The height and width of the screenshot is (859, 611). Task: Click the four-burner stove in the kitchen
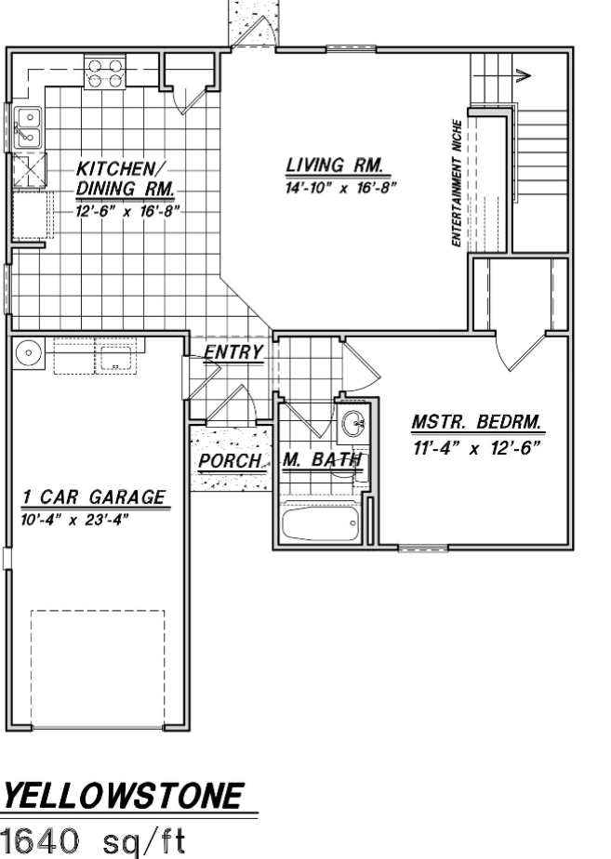coord(105,73)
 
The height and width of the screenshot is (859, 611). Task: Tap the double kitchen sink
coord(27,127)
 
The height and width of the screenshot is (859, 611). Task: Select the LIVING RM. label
coord(334,165)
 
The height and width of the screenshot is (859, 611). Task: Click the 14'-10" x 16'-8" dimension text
coord(339,188)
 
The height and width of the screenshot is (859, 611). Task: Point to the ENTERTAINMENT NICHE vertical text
coord(457,183)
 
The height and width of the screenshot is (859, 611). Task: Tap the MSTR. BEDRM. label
coord(476,422)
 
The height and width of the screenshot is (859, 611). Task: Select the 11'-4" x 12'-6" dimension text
coord(476,448)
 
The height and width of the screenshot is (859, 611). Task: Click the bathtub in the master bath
coord(321,523)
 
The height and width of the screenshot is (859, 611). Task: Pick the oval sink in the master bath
coord(352,423)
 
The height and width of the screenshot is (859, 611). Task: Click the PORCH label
coord(230,461)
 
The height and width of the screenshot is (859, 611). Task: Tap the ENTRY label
coord(233,351)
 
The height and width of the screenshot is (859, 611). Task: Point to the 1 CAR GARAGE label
coord(94,497)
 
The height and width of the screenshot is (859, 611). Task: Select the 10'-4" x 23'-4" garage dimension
coord(75,520)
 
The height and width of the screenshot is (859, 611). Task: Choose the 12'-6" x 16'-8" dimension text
coord(127,211)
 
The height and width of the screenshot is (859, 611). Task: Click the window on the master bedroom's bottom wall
coord(422,548)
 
